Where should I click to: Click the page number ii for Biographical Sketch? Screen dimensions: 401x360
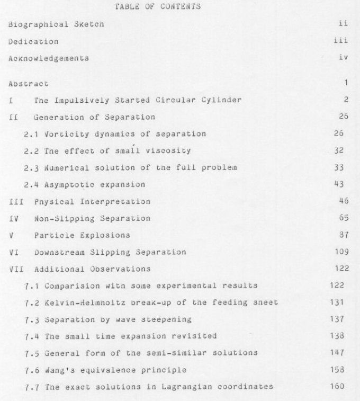pyautogui.click(x=342, y=24)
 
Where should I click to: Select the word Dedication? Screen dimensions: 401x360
pyautogui.click(x=33, y=41)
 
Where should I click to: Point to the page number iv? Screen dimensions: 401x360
pyautogui.click(x=343, y=58)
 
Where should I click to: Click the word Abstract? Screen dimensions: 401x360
pyautogui.click(x=28, y=83)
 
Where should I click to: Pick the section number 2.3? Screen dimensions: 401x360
pyautogui.click(x=31, y=168)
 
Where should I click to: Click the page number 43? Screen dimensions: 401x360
pyautogui.click(x=339, y=184)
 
